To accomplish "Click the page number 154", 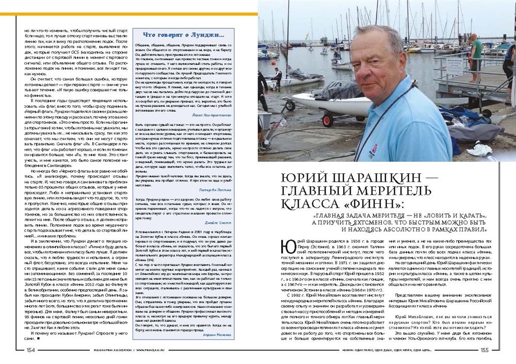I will coord(30,350).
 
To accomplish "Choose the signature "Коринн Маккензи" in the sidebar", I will coord(208,336).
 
